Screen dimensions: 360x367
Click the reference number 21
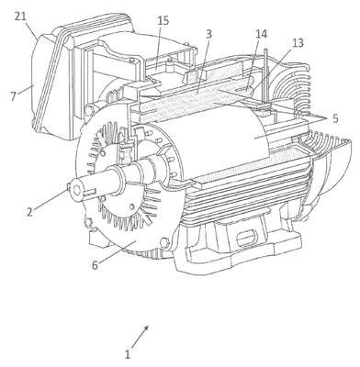(20, 17)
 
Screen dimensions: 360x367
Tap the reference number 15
(163, 21)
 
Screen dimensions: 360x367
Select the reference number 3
(208, 34)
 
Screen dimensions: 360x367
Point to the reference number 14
(261, 34)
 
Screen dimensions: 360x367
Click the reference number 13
(298, 43)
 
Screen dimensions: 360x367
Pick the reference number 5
(335, 118)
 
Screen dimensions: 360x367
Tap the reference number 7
(13, 96)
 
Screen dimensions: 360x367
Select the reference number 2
(29, 212)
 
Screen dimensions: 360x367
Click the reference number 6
(96, 265)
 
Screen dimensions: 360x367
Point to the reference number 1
(128, 354)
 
